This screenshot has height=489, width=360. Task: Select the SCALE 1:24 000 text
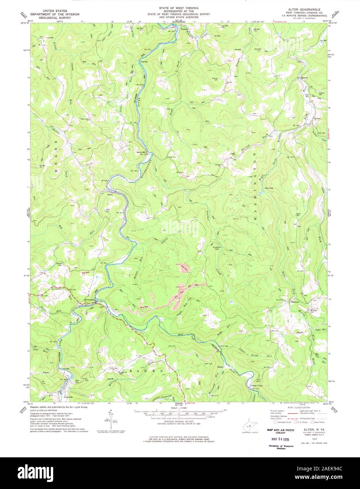click(x=180, y=408)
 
